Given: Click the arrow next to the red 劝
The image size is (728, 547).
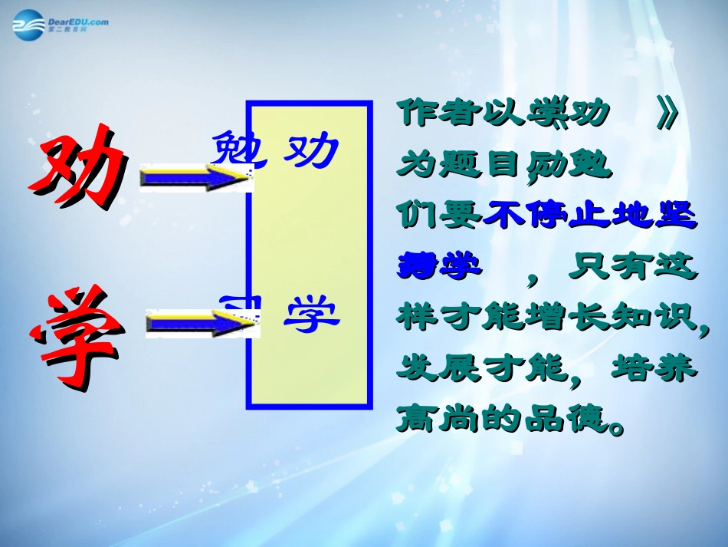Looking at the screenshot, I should click(195, 179).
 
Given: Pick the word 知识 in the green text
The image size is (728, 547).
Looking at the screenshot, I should click(656, 316).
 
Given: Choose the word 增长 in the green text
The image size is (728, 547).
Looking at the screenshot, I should click(566, 316).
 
